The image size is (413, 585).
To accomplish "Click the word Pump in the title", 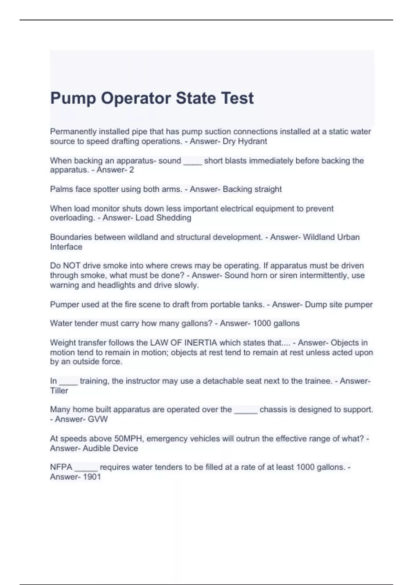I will click(73, 98).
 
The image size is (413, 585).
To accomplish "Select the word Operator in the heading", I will click(136, 98).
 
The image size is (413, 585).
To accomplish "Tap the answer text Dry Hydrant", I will click(245, 141).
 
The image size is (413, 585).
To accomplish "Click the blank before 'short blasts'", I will click(192, 161).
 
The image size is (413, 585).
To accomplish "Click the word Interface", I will click(66, 247).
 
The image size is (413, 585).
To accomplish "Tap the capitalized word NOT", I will click(71, 266).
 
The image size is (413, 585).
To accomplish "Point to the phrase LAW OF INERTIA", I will click(183, 343).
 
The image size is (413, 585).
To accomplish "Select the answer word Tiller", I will click(59, 391).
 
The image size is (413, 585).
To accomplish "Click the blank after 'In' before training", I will click(68, 381).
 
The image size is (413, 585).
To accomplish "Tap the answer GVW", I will click(98, 419).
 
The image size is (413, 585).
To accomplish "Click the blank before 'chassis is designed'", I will click(246, 410).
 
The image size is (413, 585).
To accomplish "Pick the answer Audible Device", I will click(110, 448).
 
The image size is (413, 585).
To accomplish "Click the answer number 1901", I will click(92, 477).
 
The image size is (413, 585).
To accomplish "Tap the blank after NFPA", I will click(86, 468).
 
